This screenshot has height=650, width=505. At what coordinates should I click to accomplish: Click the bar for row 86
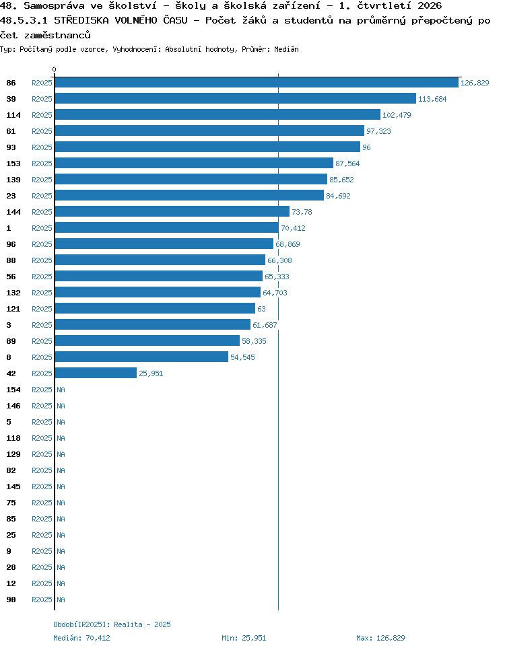257,83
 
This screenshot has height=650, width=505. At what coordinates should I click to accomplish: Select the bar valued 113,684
235,99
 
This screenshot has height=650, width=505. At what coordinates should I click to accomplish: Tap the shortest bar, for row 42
96,373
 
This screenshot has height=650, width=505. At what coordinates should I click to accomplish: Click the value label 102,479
397,115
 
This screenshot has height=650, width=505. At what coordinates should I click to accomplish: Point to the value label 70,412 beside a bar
293,228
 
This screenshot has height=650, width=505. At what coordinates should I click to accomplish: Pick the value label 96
366,147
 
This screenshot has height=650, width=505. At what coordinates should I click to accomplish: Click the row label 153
13,164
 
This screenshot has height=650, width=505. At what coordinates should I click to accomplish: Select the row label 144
13,212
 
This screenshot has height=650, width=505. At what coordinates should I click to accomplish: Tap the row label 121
13,310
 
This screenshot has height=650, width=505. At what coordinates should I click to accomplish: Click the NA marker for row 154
61,390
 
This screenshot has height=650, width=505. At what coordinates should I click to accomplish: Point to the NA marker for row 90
61,600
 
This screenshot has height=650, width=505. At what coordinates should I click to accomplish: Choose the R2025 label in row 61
42,131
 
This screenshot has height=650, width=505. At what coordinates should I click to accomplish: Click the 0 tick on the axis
54,69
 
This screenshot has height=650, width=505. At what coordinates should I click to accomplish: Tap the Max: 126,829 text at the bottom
380,638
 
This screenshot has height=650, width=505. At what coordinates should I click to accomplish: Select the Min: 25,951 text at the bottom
244,638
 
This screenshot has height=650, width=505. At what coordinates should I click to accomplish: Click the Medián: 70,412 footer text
81,638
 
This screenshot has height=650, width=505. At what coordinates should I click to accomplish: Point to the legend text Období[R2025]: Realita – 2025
112,624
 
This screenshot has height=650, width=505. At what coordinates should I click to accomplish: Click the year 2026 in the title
430,6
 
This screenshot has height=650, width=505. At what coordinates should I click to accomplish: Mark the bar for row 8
141,357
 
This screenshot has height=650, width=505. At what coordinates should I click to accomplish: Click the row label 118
13,438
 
